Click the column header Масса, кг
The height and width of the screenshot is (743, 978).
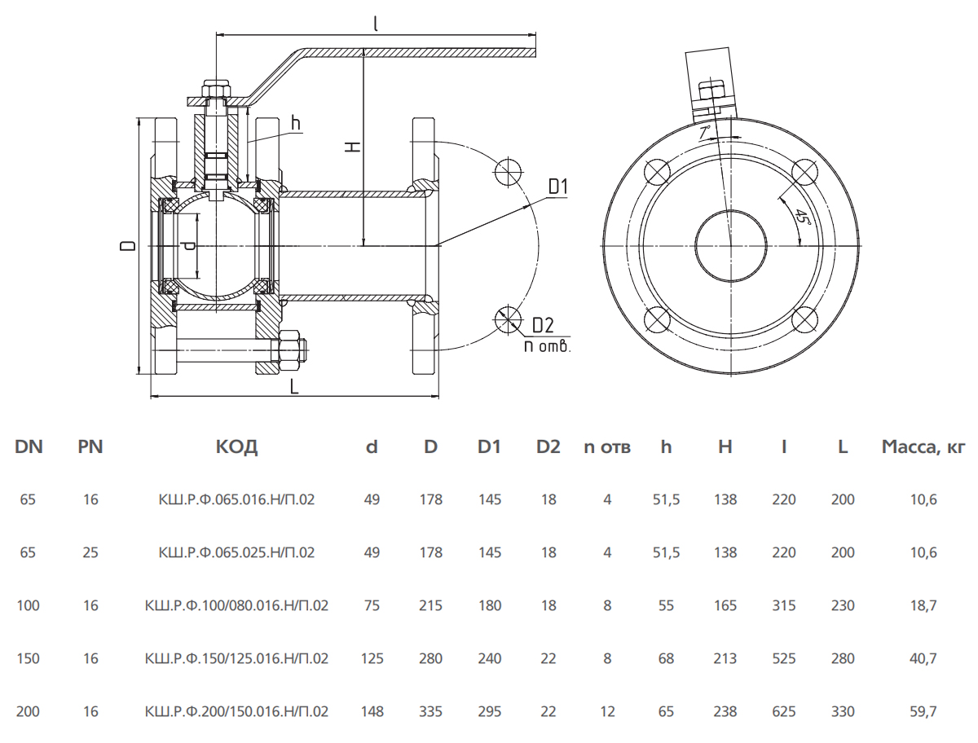pyautogui.click(x=923, y=447)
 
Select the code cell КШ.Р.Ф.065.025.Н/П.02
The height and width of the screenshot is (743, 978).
pyautogui.click(x=236, y=552)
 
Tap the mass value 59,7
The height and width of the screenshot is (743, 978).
pyautogui.click(x=924, y=712)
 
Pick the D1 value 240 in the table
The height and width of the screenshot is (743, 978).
pyautogui.click(x=490, y=659)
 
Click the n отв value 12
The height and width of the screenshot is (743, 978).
pyautogui.click(x=607, y=712)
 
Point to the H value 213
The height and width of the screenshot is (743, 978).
pyautogui.click(x=725, y=659)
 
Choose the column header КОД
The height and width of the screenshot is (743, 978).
pyautogui.click(x=236, y=447)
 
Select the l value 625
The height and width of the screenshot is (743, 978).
pyautogui.click(x=783, y=712)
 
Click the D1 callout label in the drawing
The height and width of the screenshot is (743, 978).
pyautogui.click(x=557, y=187)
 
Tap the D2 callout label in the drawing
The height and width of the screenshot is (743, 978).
pyautogui.click(x=544, y=325)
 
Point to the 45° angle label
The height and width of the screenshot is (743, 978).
pyautogui.click(x=803, y=217)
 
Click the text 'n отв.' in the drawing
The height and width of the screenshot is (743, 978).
pyautogui.click(x=548, y=345)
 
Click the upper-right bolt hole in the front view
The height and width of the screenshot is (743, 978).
pyautogui.click(x=805, y=173)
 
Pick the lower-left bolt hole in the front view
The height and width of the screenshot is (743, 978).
pyautogui.click(x=657, y=319)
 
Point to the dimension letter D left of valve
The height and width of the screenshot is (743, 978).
pyautogui.click(x=128, y=246)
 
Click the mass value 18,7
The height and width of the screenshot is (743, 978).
pyautogui.click(x=924, y=606)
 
